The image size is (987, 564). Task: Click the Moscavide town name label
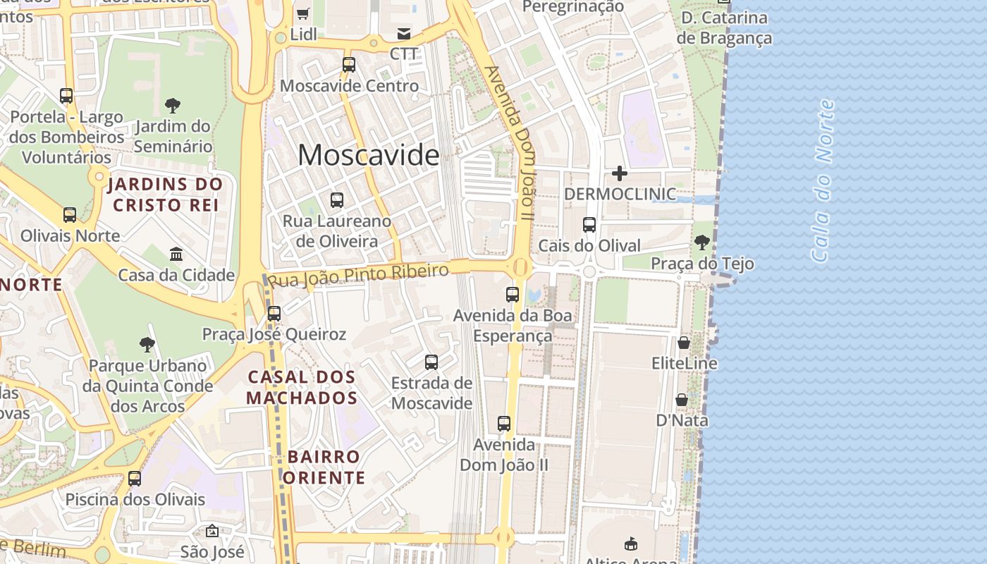[368, 155]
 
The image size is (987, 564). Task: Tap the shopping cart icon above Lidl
[303, 13]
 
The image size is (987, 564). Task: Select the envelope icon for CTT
[404, 33]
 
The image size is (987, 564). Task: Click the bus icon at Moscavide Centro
[349, 65]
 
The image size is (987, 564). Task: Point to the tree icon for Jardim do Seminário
[173, 106]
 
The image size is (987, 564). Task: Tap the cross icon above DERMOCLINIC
[620, 173]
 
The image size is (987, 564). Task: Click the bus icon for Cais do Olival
[589, 225]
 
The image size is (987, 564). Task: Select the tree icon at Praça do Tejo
[702, 243]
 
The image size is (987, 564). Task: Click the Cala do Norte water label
[823, 181]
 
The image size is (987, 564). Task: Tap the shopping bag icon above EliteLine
[684, 343]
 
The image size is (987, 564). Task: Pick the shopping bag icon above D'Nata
[682, 400]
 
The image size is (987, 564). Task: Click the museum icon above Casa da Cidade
[176, 254]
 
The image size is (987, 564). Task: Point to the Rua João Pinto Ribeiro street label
[359, 276]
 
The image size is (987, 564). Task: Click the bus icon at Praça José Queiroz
[274, 313]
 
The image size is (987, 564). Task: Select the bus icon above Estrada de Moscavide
[431, 362]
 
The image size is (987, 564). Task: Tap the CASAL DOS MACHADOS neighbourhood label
[302, 388]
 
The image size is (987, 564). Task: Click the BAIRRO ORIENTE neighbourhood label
[324, 467]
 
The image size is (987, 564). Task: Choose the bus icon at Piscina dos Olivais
[135, 479]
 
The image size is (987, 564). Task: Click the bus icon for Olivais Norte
[70, 215]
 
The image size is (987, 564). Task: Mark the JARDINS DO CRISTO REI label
[166, 195]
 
